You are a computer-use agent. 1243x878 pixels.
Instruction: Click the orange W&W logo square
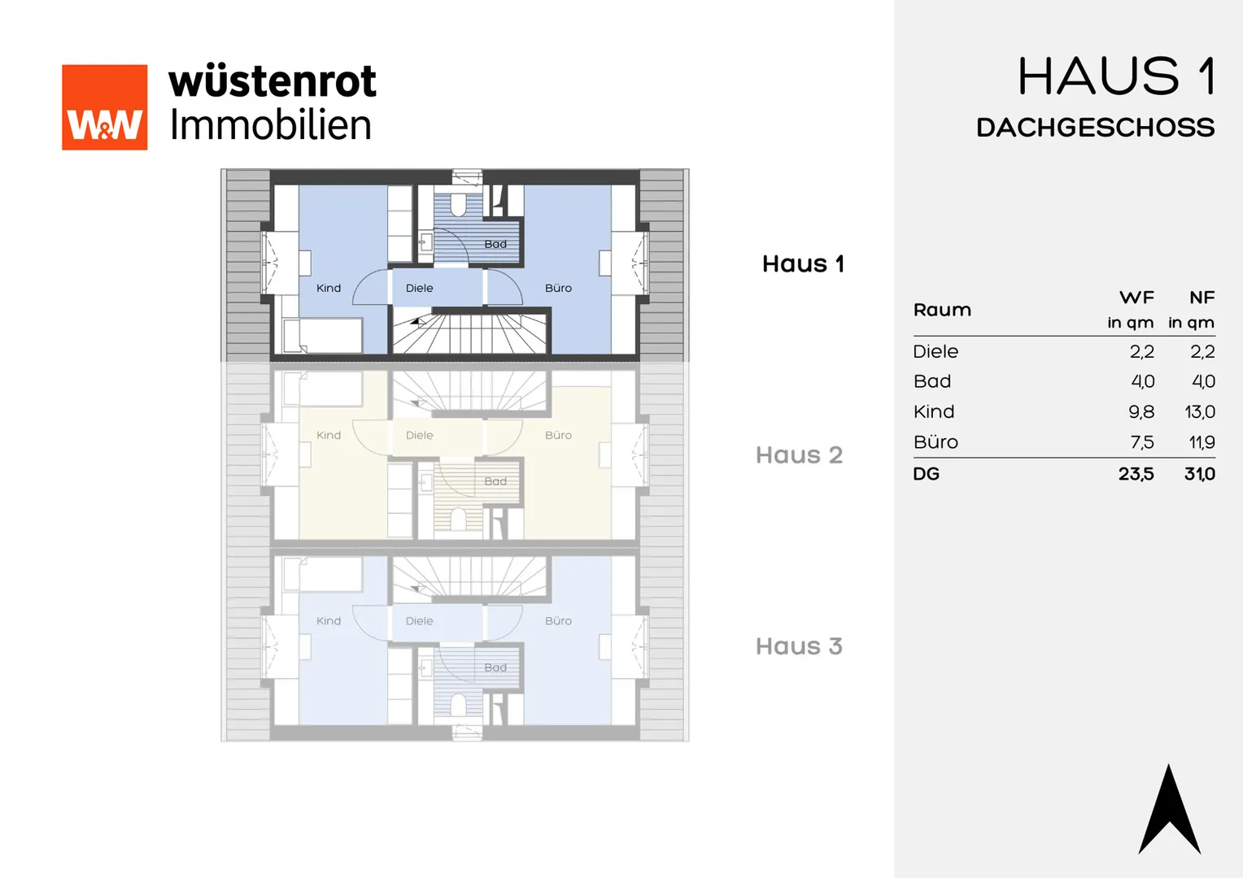coord(104,107)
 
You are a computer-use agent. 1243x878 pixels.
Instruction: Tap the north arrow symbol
coord(1170,810)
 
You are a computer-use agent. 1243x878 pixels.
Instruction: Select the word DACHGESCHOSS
coord(1096,128)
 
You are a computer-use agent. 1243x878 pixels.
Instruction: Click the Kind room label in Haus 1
coord(329,288)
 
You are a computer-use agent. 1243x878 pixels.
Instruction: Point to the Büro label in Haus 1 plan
coord(558,288)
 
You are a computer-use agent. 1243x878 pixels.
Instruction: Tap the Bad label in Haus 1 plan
coord(495,244)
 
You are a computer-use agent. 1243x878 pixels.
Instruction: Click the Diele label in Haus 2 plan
coord(420,436)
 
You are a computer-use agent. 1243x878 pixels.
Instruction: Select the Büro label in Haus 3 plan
coord(558,621)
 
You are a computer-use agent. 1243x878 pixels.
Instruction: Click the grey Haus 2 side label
coord(799,454)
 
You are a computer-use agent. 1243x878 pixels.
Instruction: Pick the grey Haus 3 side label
coord(799,646)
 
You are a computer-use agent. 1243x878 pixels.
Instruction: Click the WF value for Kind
coord(1141,411)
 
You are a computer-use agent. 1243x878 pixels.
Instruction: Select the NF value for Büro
coord(1202,442)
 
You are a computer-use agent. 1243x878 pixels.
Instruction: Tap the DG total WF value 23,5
coord(1136,474)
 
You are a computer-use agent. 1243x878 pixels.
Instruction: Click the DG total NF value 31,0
coord(1200,474)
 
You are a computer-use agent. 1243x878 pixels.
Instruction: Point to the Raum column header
coord(942,310)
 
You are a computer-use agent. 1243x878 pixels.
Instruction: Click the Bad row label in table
coord(932,381)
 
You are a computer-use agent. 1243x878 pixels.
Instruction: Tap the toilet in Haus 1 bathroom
coord(458,205)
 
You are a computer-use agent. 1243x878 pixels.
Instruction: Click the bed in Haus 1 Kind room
coord(322,336)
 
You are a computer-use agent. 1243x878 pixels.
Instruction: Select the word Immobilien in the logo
coord(271,125)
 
